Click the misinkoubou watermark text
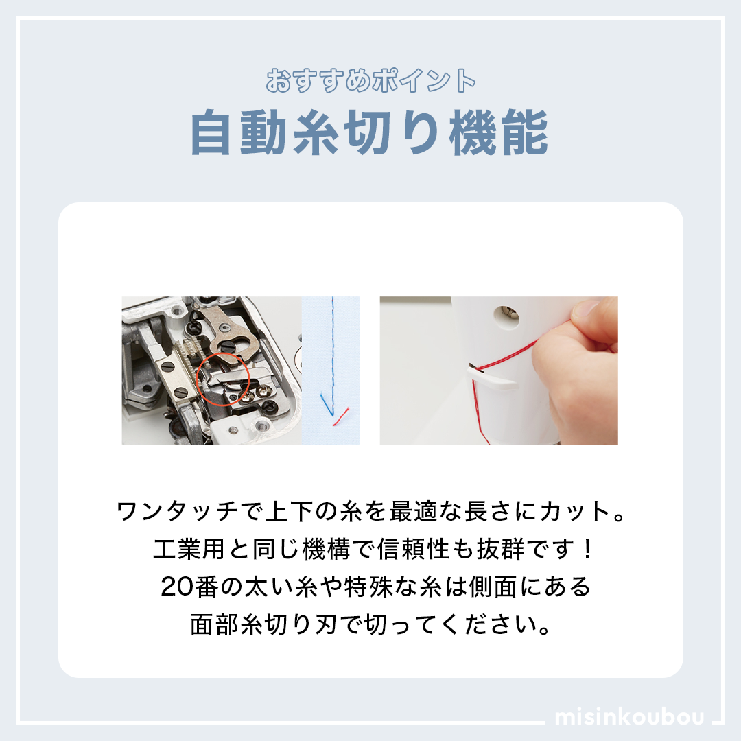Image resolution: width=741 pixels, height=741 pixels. (x=629, y=716)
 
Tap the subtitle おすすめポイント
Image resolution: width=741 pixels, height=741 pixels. (x=370, y=80)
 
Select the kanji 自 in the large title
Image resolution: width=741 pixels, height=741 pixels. (x=213, y=132)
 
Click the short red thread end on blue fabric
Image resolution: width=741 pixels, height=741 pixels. (x=341, y=416)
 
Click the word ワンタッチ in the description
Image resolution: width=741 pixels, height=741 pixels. (x=177, y=511)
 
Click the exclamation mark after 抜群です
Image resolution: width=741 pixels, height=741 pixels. (x=587, y=549)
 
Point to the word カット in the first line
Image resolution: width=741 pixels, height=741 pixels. (x=575, y=511)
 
